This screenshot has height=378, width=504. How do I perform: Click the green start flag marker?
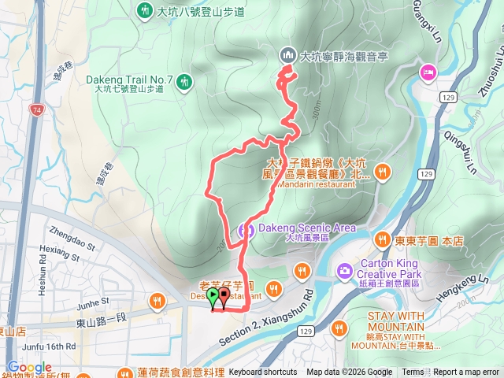[213, 298]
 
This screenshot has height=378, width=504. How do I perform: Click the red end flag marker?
[224, 298]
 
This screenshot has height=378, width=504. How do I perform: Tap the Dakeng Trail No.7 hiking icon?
[184, 81]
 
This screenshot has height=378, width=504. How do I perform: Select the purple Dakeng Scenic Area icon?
[246, 230]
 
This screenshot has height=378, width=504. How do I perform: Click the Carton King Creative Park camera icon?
[344, 271]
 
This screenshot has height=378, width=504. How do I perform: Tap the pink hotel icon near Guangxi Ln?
[427, 72]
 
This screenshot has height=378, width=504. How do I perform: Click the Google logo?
[29, 368]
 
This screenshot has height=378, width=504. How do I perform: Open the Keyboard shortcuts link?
[263, 372]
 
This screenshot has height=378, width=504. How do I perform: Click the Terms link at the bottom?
[413, 372]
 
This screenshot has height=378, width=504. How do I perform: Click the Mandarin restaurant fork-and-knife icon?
[383, 171]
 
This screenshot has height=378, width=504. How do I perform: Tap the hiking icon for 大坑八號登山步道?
[144, 11]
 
